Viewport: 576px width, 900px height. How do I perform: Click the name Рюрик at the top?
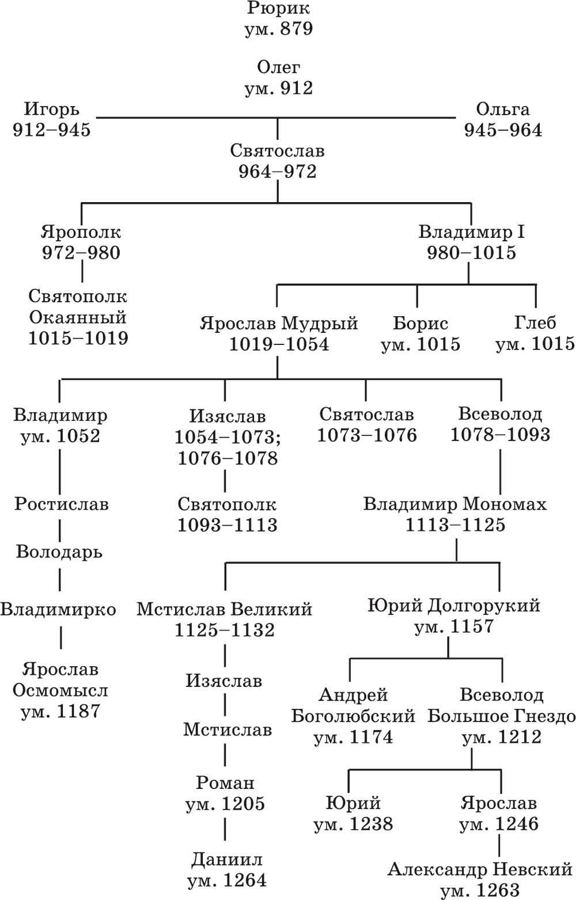[x=278, y=8]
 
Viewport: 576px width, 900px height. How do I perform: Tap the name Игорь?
[x=51, y=109]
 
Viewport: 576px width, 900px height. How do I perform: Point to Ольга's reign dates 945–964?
[x=503, y=130]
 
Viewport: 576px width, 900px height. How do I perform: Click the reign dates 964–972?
[x=278, y=172]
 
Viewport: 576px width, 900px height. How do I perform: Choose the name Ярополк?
[x=81, y=233]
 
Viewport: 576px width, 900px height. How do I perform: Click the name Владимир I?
[x=472, y=232]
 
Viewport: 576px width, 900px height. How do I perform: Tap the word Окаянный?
[x=78, y=317]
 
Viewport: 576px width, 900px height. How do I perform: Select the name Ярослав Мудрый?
[x=279, y=324]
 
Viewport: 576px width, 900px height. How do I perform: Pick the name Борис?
[x=420, y=324]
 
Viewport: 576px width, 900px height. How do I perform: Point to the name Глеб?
[x=536, y=323]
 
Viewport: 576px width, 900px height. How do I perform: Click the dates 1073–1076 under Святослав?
[x=367, y=435]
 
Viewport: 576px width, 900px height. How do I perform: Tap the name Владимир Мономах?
[x=455, y=504]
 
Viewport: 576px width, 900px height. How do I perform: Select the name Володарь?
[x=59, y=552]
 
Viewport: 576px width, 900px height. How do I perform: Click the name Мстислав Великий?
[x=224, y=610]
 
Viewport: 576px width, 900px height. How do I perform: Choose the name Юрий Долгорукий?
[x=454, y=606]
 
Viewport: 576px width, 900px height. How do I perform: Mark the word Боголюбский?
[x=353, y=716]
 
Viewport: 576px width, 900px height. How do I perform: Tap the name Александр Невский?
[x=480, y=869]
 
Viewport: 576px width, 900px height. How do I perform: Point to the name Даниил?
[x=227, y=860]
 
